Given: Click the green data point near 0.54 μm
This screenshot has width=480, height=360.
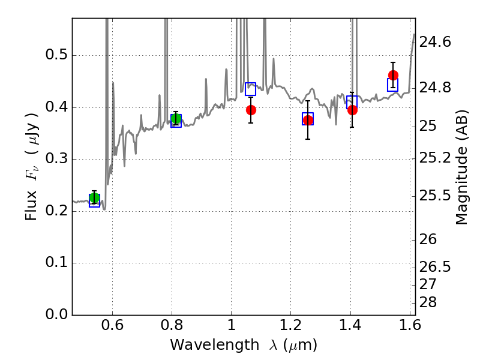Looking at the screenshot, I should tap(94, 199).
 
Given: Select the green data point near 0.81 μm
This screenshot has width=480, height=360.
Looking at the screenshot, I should tap(176, 119).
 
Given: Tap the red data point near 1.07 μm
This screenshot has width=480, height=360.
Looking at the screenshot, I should tap(251, 110).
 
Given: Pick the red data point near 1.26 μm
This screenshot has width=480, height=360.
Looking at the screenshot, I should tap(308, 120).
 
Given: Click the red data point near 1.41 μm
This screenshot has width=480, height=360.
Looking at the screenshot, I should tap(352, 110).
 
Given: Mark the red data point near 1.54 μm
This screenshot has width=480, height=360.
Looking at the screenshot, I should tap(393, 75).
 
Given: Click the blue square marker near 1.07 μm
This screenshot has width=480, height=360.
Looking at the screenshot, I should tap(250, 89).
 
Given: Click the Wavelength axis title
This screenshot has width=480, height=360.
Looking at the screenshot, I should tap(243, 345).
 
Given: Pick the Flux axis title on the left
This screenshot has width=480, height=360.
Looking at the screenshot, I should tap(32, 167).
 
